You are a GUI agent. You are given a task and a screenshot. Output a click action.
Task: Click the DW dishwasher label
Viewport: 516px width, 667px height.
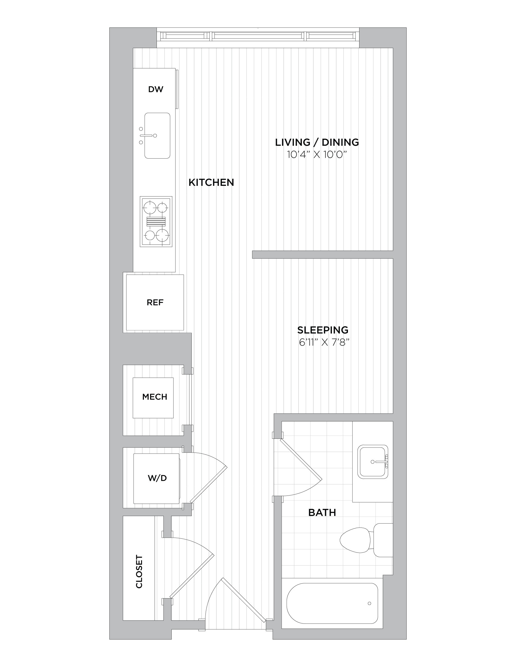(156, 90)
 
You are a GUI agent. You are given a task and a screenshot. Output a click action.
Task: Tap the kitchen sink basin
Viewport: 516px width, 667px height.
(157, 136)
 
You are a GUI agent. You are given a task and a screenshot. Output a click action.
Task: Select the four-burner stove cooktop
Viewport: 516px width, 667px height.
(156, 221)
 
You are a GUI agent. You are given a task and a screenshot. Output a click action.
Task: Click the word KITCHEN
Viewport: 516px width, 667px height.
(211, 183)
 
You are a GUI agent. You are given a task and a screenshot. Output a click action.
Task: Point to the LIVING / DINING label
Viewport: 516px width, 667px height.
(317, 142)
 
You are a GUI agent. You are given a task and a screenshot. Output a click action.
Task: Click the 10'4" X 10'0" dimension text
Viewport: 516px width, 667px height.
(317, 155)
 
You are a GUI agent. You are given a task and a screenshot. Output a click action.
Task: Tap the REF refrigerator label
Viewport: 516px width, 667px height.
(155, 303)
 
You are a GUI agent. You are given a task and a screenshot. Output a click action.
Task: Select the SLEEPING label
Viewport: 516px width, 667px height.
(323, 330)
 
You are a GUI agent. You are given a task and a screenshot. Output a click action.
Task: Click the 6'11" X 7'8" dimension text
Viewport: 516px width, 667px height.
(324, 342)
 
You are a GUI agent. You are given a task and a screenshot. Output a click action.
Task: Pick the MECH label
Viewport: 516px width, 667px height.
(155, 397)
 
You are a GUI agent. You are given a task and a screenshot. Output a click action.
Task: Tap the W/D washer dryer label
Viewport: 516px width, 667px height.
(157, 478)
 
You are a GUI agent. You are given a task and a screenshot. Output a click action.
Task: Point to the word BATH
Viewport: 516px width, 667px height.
(322, 513)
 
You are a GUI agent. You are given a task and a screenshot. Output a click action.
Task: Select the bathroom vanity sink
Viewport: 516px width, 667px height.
(373, 462)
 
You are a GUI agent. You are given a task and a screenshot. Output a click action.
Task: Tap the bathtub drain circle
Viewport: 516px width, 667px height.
(369, 604)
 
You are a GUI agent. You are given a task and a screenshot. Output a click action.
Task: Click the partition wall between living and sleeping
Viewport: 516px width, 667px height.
(323, 255)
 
